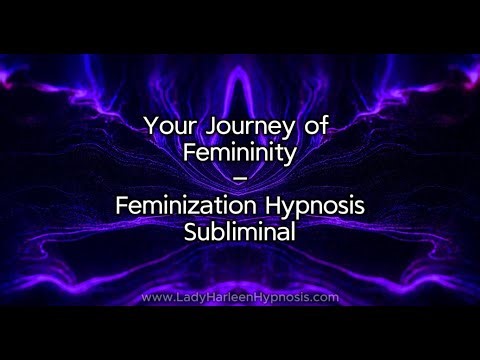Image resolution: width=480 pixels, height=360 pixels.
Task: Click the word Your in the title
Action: pos(167,127)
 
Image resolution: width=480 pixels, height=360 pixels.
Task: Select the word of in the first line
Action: pos(316,127)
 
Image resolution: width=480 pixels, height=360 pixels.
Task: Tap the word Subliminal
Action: pos(240,231)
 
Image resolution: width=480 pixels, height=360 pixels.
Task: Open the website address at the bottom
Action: pos(240,297)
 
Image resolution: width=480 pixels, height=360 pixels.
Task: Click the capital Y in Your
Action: pos(149,127)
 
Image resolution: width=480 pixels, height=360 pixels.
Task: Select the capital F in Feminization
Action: pos(122,205)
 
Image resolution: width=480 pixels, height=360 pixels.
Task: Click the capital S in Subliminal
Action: pos(186,231)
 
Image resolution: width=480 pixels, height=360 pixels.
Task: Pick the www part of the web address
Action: pos(156,297)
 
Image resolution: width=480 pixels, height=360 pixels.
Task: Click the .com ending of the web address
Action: pos(324,297)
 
